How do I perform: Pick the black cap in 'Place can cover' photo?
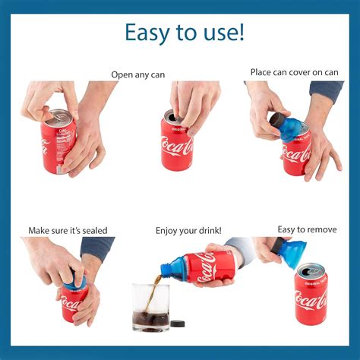(276, 119)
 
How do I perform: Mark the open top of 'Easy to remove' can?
(311, 271)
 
